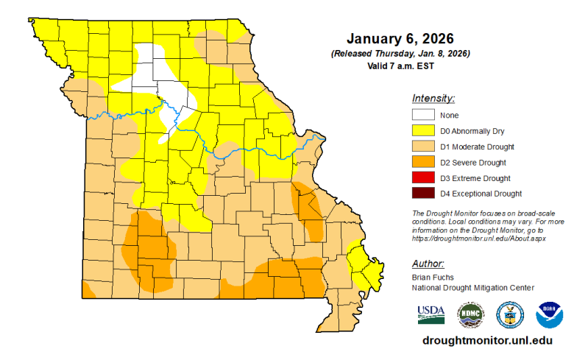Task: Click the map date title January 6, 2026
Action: pos(400,39)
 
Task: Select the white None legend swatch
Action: pos(423,115)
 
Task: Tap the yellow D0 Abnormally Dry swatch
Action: pos(423,130)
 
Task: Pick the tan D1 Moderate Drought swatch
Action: pos(423,147)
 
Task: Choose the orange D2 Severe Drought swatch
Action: pos(423,162)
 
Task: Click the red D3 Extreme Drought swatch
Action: pos(423,178)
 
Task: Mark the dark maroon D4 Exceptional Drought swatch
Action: pos(423,194)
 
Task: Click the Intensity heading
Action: pos(433,98)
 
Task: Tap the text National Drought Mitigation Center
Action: pos(472,287)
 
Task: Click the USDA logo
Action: pos(431,314)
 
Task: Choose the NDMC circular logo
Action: pos(470,314)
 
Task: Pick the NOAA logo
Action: pos(549,314)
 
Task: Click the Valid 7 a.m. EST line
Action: pos(400,66)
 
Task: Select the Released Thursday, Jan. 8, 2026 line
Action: pos(400,54)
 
